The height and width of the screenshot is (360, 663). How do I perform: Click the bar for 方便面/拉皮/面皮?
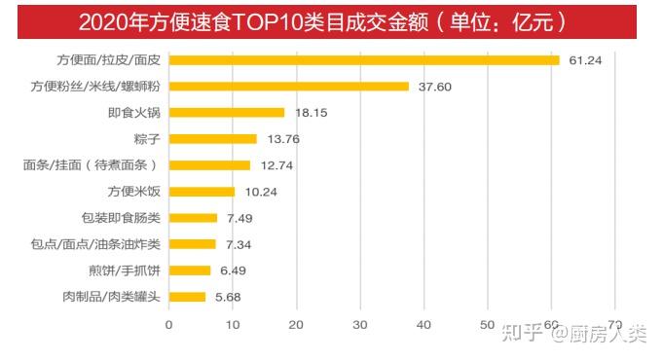coord(364,60)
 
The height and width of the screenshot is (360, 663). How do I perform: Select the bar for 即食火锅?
coord(227,113)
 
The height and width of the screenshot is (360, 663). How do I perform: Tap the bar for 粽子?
coord(212,139)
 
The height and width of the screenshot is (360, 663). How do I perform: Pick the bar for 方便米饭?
coord(202,192)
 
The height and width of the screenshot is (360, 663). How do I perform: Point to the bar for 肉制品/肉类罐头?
coord(187,297)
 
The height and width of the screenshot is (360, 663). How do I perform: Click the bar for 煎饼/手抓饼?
coord(190,270)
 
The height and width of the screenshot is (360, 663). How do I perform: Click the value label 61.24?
coord(585,60)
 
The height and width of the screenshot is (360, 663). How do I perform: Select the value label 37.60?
coord(435,87)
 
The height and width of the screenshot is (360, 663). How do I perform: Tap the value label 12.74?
coord(276,165)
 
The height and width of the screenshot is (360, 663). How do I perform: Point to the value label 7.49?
coord(239,219)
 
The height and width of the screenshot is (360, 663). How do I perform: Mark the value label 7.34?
coord(239,245)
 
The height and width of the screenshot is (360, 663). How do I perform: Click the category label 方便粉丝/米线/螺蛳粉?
coord(95,87)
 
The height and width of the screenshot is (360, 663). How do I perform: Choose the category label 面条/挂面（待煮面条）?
coord(91,165)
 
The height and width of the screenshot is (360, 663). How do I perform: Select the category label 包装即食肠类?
coord(121,218)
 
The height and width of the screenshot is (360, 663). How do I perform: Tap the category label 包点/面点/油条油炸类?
coord(95,244)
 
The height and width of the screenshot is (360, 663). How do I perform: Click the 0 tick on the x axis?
coord(168,325)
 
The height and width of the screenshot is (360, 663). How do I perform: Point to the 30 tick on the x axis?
coord(360,325)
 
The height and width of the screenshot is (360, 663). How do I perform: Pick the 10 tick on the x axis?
coord(233,325)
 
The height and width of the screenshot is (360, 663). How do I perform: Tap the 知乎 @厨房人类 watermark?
coord(574,333)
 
